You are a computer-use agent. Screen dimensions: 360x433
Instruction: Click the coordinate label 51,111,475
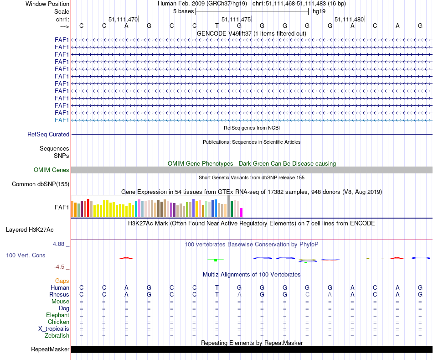point(236,19)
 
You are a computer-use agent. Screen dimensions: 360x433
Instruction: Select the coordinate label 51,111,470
point(123,19)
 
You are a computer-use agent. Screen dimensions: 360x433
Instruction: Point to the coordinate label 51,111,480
point(349,19)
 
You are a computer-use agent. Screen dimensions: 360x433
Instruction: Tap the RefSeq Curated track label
point(48,134)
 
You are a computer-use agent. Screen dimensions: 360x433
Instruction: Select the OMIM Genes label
point(52,170)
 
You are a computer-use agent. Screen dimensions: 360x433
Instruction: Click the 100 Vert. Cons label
point(26,255)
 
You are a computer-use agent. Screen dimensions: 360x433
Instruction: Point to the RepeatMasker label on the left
point(50,350)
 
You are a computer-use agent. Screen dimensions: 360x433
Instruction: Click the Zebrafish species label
point(57,336)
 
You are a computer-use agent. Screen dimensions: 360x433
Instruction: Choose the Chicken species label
point(58,322)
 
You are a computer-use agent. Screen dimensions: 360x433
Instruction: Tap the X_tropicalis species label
point(54,329)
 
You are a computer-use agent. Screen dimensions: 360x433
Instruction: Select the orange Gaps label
point(62,281)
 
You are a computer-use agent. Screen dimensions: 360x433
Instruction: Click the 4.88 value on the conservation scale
point(60,244)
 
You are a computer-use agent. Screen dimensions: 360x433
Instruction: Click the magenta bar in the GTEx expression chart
point(242,213)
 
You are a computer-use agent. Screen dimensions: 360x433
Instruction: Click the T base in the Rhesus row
point(217,294)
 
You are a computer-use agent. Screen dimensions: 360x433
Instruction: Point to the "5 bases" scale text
point(183,11)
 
